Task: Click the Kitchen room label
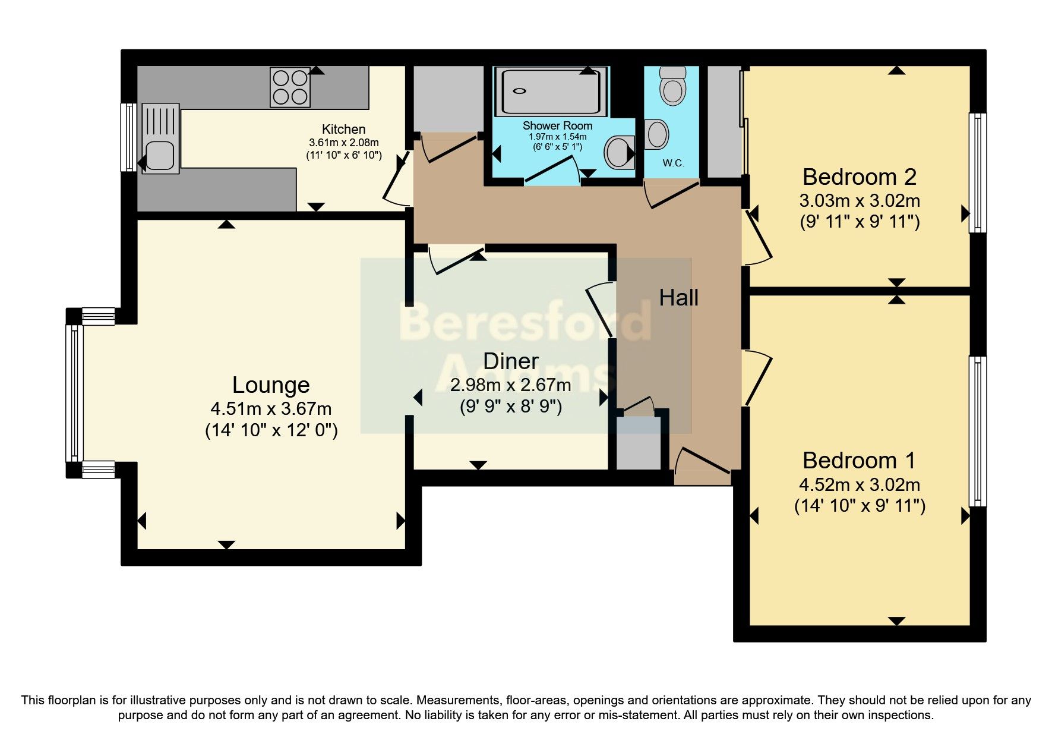pos(343,129)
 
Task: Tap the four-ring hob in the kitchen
pos(290,87)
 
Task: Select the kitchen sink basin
pos(160,155)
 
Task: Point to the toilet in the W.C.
pos(672,86)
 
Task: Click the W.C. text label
pos(673,163)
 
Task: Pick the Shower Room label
pos(557,125)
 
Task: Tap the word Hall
pos(678,297)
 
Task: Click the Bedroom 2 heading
pos(859,177)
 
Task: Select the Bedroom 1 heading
pos(858,460)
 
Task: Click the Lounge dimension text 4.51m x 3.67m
pos(271,409)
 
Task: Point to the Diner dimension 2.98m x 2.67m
pos(511,385)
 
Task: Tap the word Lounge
pos(271,385)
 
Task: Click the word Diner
pos(511,361)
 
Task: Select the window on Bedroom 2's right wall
pos(977,172)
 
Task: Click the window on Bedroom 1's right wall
pos(977,431)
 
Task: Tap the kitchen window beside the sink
pos(128,137)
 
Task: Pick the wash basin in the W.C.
pos(656,134)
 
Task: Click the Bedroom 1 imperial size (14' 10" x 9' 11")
pos(860,506)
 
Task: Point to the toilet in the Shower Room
pos(619,152)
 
